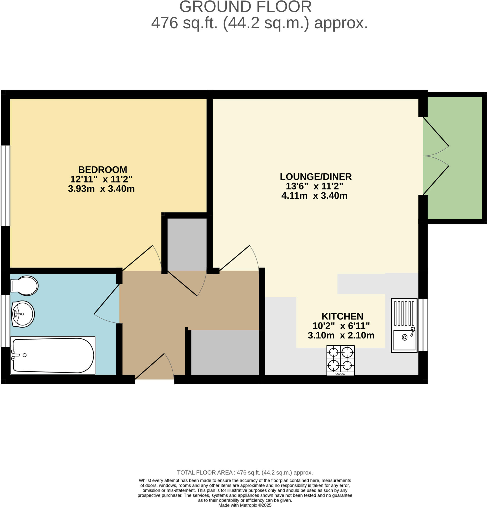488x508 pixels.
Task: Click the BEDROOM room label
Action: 103,170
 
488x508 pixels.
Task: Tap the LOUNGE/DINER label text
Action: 316,177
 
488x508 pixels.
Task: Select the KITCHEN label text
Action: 342,317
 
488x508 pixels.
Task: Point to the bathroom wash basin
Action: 23,314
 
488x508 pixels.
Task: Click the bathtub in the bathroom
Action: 53,355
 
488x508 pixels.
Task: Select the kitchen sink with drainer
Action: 404,325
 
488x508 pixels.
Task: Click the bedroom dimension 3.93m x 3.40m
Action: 101,189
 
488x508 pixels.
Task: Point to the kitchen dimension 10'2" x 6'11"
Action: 341,326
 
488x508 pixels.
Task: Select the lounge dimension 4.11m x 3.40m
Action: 314,196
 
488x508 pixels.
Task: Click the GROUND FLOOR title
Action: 245,7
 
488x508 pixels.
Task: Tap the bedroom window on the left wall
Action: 5,186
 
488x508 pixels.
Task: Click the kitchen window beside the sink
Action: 423,325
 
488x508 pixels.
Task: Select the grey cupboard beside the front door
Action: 225,352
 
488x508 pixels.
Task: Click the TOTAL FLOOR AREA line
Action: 245,473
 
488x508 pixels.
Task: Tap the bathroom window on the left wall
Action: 5,321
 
